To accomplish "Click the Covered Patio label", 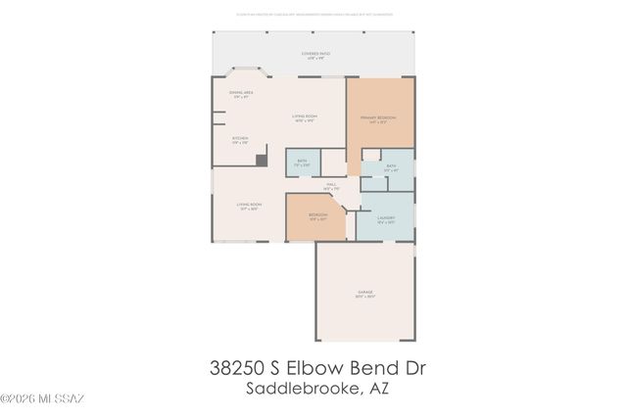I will tap(313, 56).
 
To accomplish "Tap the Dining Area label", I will tap(241, 94).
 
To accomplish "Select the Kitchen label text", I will tap(240, 140).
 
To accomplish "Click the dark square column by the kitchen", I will tap(261, 161).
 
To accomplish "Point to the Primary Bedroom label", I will tap(380, 120).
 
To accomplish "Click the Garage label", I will tap(364, 295).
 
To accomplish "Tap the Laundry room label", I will tap(386, 219).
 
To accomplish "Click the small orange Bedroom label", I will tap(317, 216).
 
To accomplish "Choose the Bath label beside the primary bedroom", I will tap(391, 167).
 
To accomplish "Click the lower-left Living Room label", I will tap(248, 207).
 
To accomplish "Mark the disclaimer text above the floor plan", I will tap(313, 14).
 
